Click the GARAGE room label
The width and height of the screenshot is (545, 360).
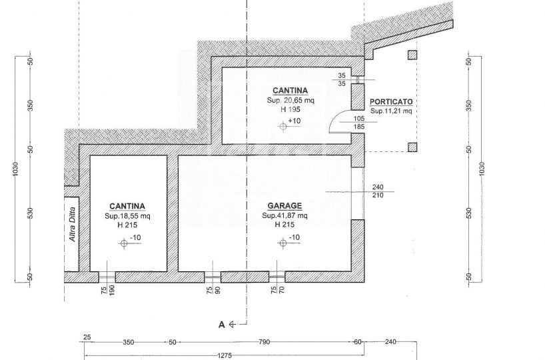284,206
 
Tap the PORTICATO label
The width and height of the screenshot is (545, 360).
391,102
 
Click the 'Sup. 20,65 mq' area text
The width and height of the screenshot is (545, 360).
290,101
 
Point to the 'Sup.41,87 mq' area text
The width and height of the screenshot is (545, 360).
284,215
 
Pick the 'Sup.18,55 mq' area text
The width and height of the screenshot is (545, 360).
127,216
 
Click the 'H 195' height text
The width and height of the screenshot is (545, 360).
290,109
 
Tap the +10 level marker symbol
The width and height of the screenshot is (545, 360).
283,127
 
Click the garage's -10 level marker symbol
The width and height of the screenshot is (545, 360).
283,243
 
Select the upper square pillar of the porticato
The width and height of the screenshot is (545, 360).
412,55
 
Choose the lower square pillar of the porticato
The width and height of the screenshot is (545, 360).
412,147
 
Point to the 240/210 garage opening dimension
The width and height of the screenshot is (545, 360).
378,191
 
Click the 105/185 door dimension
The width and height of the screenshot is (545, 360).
359,123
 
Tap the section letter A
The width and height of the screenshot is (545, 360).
221,325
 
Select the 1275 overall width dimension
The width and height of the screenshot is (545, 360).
225,355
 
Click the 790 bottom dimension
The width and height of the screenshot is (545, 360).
264,342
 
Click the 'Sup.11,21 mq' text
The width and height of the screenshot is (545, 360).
391,111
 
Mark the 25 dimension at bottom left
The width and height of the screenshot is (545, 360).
87,337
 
